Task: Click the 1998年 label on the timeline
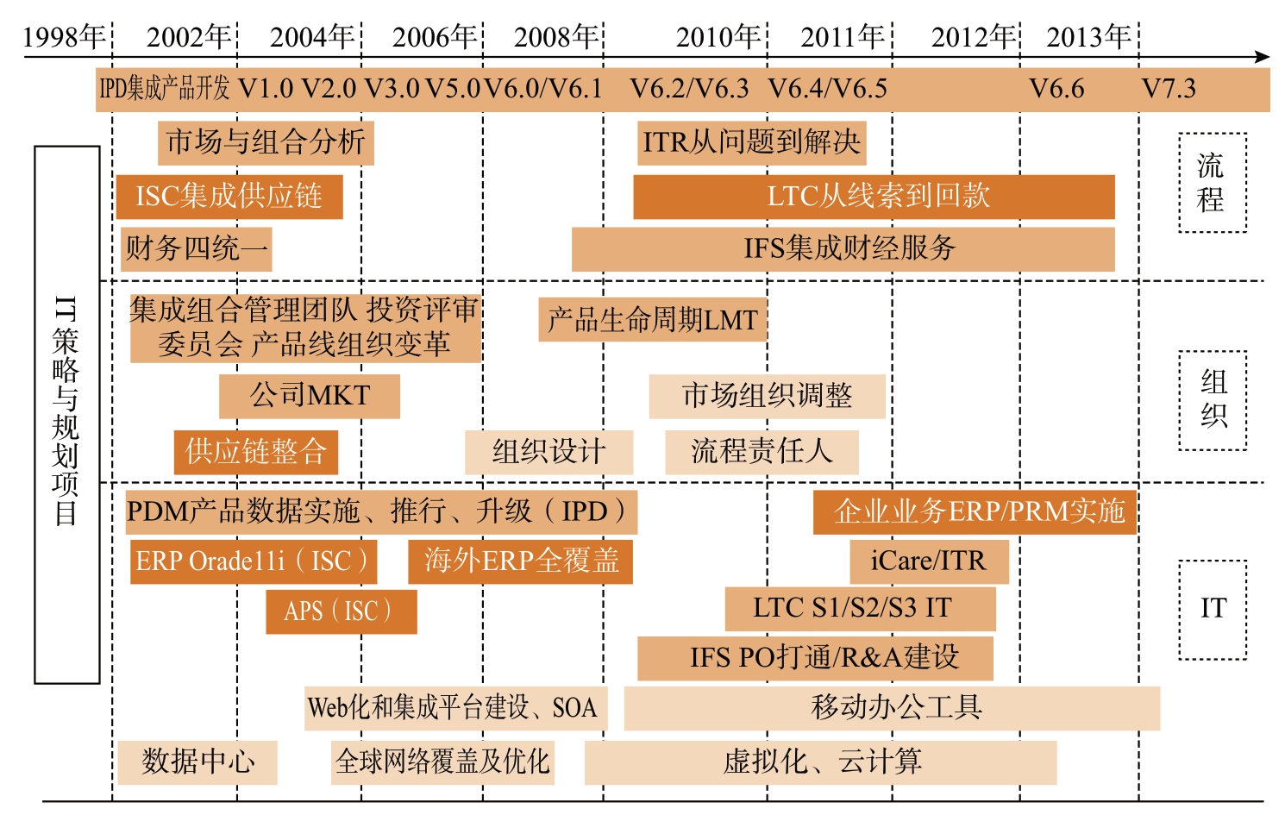point(64,37)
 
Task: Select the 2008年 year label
point(555,37)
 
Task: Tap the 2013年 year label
point(1088,37)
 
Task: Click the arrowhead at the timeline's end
point(1262,57)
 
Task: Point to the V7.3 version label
point(1169,88)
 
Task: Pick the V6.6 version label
point(1056,88)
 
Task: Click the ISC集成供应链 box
point(229,197)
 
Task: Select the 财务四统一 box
point(196,249)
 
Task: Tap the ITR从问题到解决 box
point(751,143)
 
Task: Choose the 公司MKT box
point(310,397)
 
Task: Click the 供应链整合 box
point(256,452)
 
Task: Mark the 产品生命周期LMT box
point(652,319)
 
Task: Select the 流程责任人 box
point(762,452)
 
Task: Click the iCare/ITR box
point(930,561)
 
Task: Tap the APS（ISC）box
point(342,611)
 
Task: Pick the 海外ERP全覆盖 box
point(520,561)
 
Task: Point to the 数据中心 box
point(197,762)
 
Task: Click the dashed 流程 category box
point(1213,134)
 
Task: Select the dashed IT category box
point(1213,561)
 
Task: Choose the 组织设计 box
point(549,452)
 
